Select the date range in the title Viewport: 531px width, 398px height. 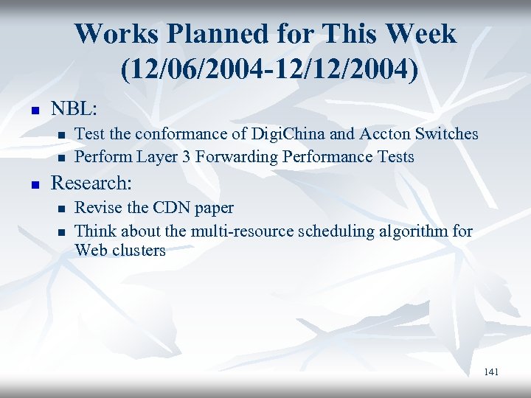[265, 69]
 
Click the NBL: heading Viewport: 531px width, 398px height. [73, 108]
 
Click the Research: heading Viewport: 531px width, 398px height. [91, 183]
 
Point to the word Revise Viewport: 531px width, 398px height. [98, 208]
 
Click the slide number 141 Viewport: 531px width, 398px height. [491, 372]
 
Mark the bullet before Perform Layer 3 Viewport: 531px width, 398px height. [63, 158]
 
